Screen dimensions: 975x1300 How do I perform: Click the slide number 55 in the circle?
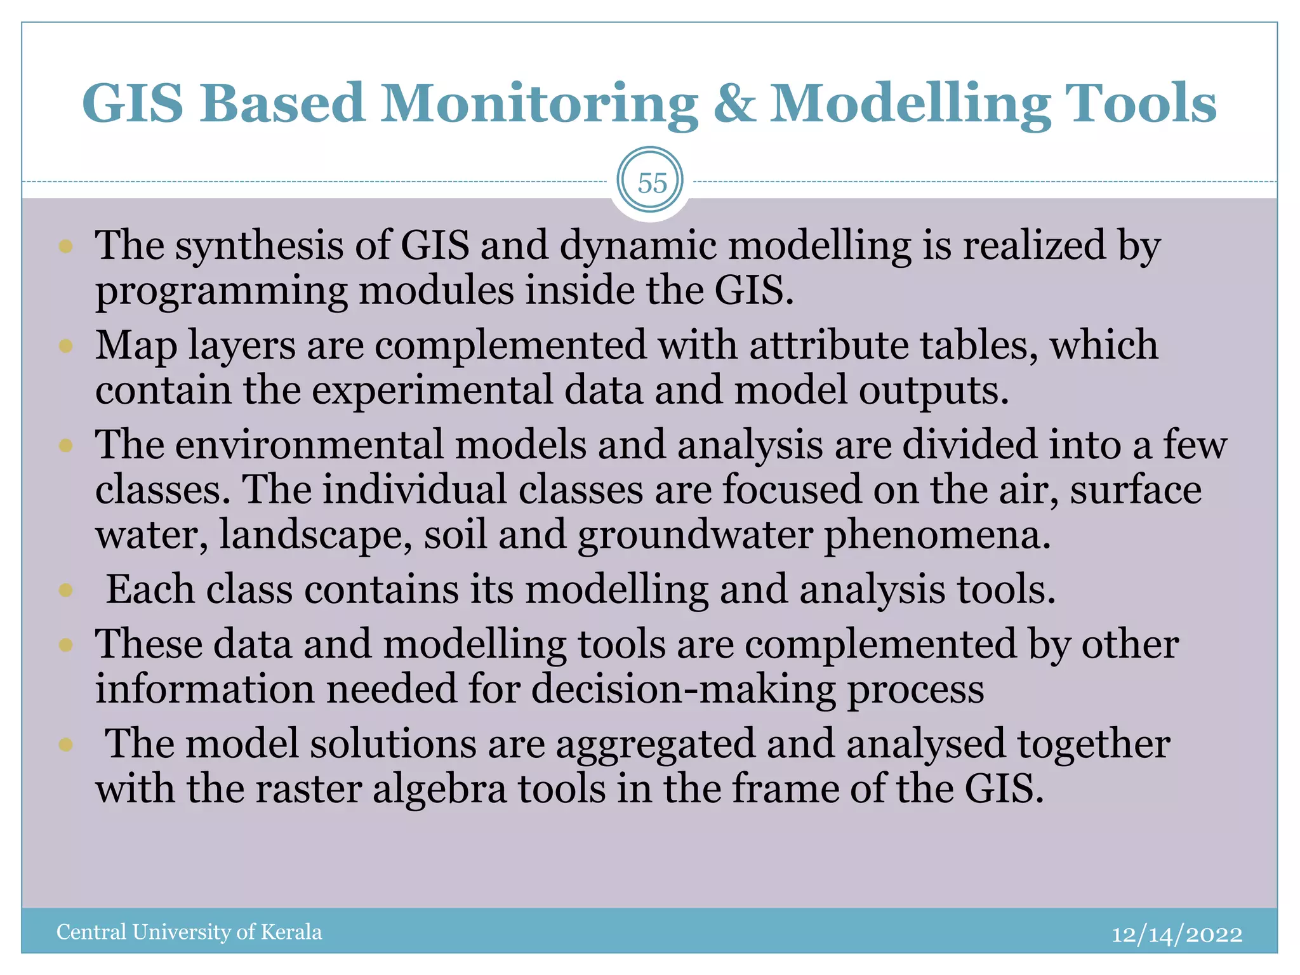point(652,183)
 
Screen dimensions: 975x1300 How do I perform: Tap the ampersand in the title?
point(734,103)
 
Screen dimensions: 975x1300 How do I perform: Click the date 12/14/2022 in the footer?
point(1176,934)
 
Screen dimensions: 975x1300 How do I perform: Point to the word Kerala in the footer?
point(291,932)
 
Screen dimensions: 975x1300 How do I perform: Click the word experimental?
point(432,390)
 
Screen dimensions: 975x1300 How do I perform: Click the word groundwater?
point(695,535)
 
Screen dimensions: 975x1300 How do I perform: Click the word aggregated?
point(656,745)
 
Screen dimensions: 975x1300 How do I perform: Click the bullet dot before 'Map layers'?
point(66,347)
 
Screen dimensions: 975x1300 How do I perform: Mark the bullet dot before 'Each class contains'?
point(66,591)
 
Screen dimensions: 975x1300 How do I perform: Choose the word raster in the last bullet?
point(308,790)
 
